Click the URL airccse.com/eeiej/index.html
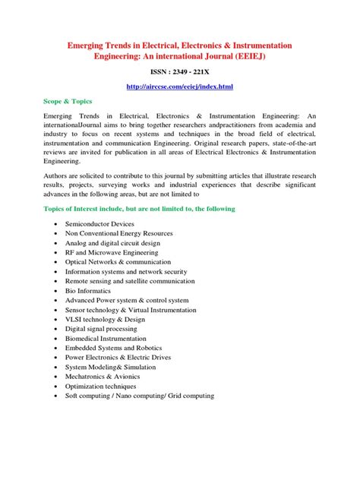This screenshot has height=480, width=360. (179, 88)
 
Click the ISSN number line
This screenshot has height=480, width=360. (179, 72)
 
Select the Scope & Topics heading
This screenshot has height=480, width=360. (68, 100)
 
